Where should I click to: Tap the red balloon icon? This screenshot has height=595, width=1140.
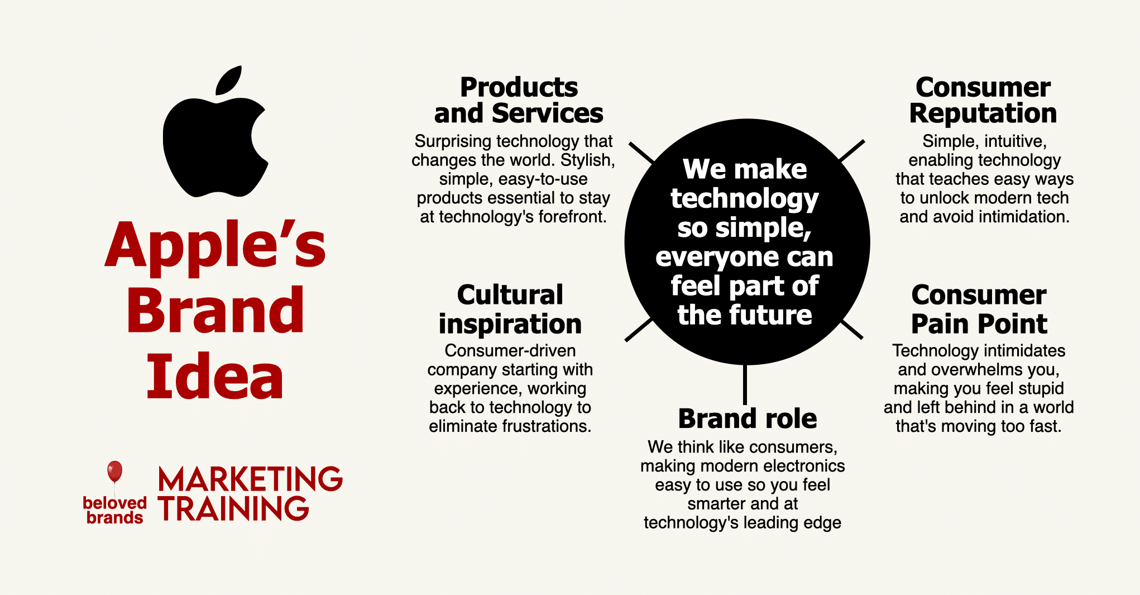(114, 471)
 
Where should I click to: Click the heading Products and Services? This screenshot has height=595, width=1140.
(519, 100)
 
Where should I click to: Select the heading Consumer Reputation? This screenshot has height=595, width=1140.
(983, 100)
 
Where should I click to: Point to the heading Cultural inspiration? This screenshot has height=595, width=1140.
(510, 310)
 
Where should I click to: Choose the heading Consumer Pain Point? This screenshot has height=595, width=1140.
(979, 309)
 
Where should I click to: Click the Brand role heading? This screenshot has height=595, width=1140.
(748, 418)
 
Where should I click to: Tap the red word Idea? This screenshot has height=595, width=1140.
(215, 376)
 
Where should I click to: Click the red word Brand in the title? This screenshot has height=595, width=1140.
(215, 310)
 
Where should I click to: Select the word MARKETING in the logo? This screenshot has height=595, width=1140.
(250, 479)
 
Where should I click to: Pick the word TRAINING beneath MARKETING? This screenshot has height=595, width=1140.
(233, 508)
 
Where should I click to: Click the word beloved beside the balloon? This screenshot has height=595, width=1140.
(114, 503)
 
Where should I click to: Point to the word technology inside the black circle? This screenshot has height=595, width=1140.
(745, 199)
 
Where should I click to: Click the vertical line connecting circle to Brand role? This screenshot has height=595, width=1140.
(745, 384)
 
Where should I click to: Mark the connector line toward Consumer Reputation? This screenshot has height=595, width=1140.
(852, 151)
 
